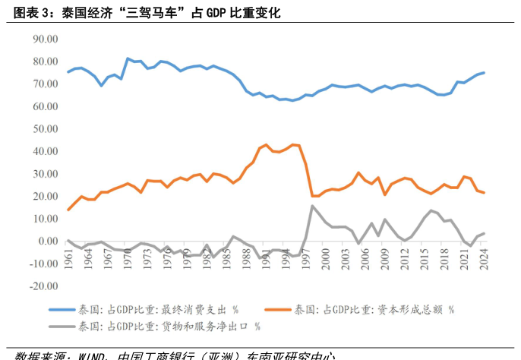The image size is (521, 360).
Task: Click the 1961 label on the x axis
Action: (x=70, y=260)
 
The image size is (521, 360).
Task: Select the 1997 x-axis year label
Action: (x=306, y=260)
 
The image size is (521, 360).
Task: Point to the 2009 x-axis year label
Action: (x=385, y=260)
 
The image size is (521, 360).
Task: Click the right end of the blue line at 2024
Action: (x=484, y=73)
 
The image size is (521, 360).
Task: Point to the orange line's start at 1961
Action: (x=68, y=210)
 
